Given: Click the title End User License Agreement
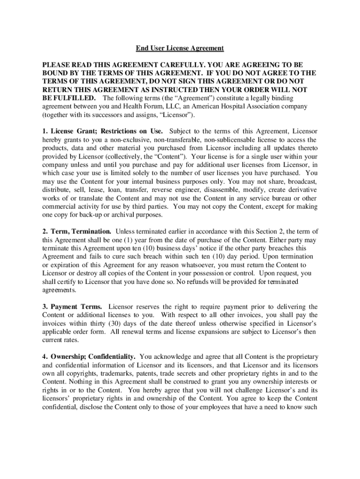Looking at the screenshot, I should point(180,48).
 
